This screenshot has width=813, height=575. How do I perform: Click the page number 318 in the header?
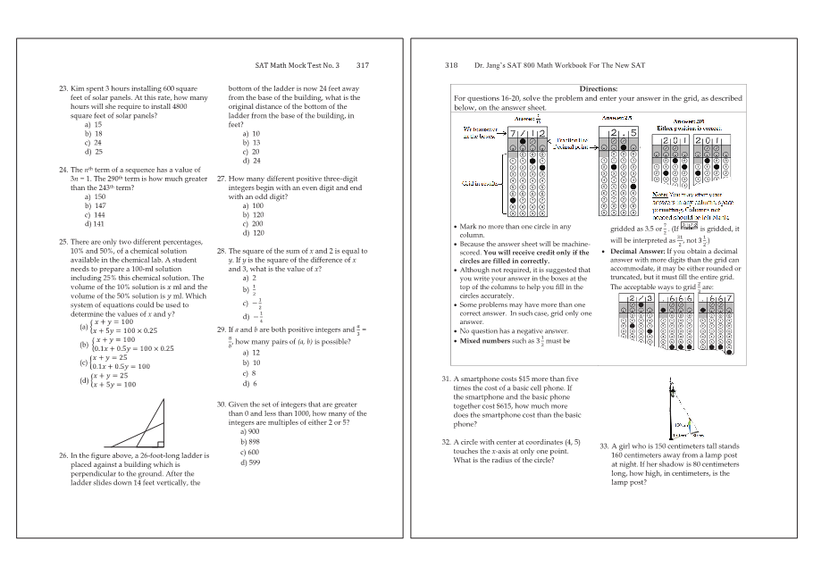pyautogui.click(x=451, y=65)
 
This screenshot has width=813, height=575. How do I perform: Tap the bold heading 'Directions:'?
pyautogui.click(x=598, y=89)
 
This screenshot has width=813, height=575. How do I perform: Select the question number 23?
pyautogui.click(x=63, y=89)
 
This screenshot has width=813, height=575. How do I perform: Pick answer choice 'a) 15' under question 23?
pyautogui.click(x=93, y=125)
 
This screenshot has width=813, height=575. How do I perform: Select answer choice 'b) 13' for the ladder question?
pyautogui.click(x=251, y=143)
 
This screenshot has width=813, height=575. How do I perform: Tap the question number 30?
pyautogui.click(x=222, y=404)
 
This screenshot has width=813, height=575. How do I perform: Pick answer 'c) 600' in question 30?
pyautogui.click(x=250, y=452)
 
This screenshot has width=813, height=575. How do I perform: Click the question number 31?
pyautogui.click(x=446, y=379)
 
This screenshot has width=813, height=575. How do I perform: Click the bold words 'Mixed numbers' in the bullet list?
pyautogui.click(x=483, y=340)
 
